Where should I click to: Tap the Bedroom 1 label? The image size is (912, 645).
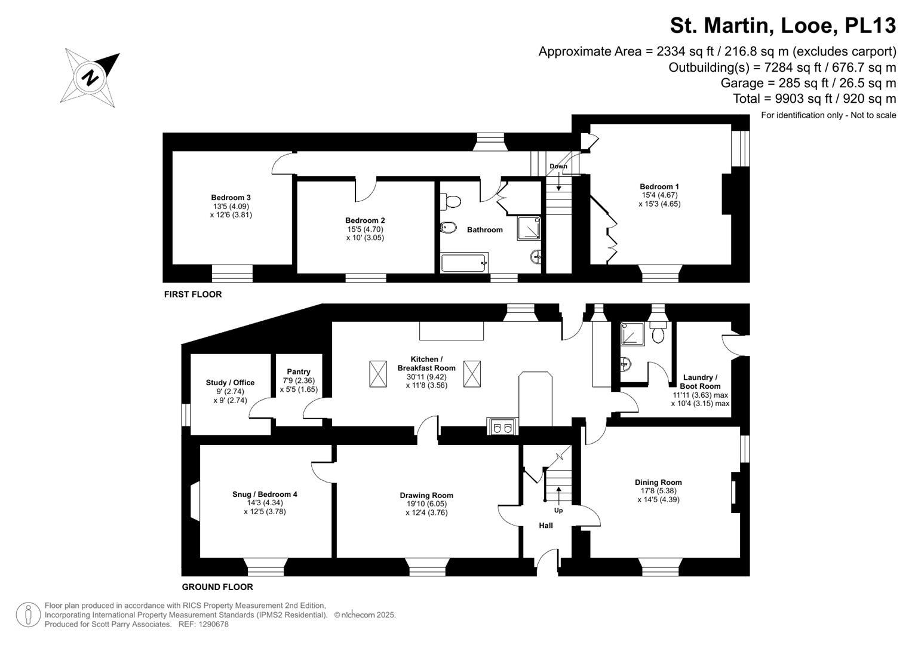coord(659,186)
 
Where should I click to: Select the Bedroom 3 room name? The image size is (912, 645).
coord(231,198)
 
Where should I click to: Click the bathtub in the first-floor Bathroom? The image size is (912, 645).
coord(464,263)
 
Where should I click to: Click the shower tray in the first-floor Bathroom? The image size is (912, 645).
coord(529,228)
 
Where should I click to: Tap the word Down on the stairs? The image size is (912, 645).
coord(558,166)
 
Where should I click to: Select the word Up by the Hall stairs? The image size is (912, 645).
coord(558,510)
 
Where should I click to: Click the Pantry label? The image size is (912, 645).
coord(299,371)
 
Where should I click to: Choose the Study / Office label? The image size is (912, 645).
coord(230,382)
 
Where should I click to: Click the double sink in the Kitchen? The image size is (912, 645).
coord(502,426)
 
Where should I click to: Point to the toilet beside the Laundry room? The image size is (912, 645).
coord(658,332)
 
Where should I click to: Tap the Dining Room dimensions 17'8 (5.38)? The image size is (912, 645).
coord(658,491)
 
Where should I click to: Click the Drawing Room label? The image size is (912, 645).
coord(426,495)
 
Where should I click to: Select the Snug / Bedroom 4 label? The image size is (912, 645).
coord(265,494)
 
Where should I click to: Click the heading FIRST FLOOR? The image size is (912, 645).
coord(193,294)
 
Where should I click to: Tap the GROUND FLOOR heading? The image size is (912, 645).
coord(217,586)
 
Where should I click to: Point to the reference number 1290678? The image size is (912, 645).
coord(213,624)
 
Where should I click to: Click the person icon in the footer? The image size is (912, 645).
coord(28,615)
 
